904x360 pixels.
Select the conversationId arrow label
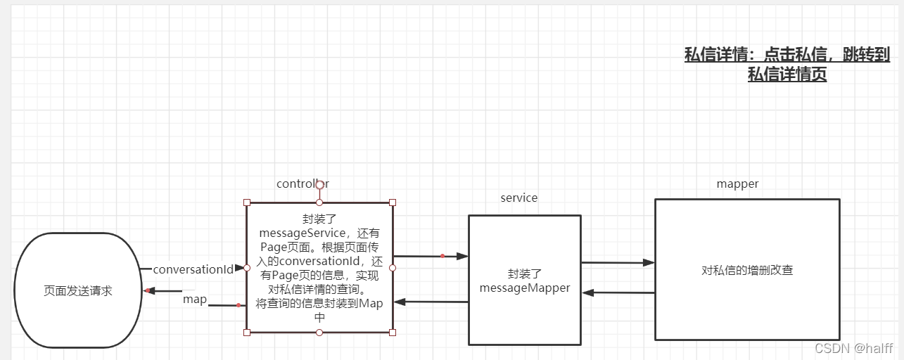pyautogui.click(x=193, y=269)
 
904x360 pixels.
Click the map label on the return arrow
pyautogui.click(x=195, y=300)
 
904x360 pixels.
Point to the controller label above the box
pyautogui.click(x=303, y=184)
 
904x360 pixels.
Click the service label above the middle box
pyautogui.click(x=518, y=198)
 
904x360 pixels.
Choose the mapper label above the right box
pyautogui.click(x=737, y=184)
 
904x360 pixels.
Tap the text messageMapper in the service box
pyautogui.click(x=524, y=288)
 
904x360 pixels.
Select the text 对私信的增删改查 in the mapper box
pyautogui.click(x=747, y=270)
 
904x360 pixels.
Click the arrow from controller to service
pyautogui.click(x=431, y=257)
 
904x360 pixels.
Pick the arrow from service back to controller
pyautogui.click(x=431, y=302)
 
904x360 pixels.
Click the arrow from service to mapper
pyautogui.click(x=618, y=263)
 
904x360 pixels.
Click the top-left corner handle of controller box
pyautogui.click(x=247, y=202)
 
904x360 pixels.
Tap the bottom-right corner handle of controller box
pyautogui.click(x=393, y=333)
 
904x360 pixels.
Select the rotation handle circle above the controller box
pyautogui.click(x=319, y=184)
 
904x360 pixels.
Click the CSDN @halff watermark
pyautogui.click(x=853, y=348)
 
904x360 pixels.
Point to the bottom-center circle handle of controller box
pyautogui.click(x=319, y=333)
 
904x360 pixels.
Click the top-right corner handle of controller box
pyautogui.click(x=393, y=202)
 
